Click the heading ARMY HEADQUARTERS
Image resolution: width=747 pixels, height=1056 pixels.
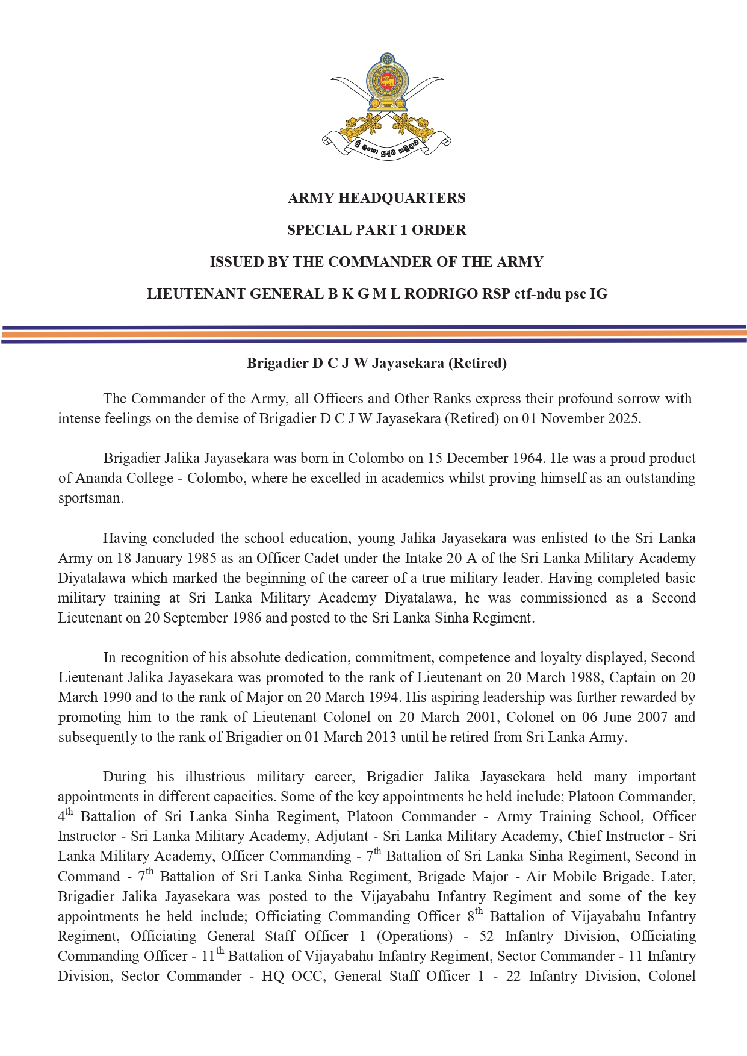tap(376, 198)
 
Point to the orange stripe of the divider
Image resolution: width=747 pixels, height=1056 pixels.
tap(373, 333)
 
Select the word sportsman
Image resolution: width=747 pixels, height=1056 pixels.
tap(90, 498)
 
